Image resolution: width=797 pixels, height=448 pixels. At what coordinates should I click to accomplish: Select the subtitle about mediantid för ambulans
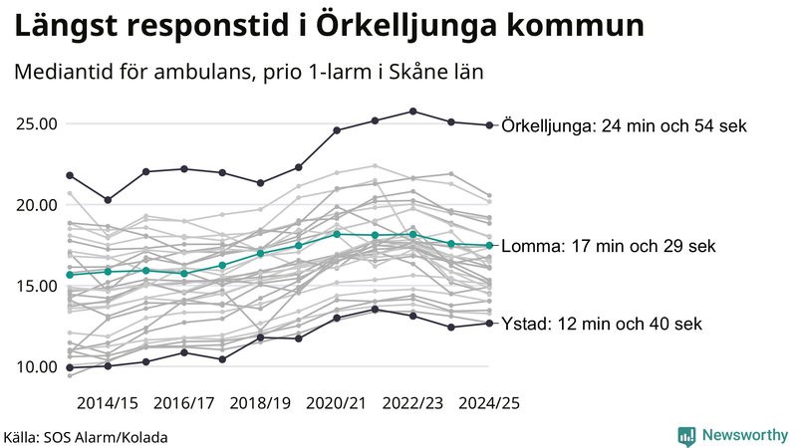click(x=248, y=74)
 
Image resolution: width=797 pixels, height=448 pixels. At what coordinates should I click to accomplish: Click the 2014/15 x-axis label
click(x=108, y=403)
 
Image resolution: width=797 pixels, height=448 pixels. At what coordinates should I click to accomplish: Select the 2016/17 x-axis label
click(x=184, y=403)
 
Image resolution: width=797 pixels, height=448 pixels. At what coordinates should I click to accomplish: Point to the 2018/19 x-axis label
click(x=260, y=403)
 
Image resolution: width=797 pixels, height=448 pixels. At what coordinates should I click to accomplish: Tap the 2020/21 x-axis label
click(x=337, y=403)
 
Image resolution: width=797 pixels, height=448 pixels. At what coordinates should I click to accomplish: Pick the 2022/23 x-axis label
click(x=412, y=403)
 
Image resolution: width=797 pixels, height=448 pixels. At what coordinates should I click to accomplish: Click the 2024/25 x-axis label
click(x=488, y=403)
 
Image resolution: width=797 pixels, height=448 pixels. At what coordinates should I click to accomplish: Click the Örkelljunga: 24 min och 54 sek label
click(x=625, y=125)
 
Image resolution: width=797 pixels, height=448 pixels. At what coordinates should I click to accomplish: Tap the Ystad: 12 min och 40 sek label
click(x=602, y=324)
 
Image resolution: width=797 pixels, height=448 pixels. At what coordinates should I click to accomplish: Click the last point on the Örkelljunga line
click(x=488, y=125)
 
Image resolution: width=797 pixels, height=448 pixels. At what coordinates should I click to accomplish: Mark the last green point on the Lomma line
click(x=488, y=246)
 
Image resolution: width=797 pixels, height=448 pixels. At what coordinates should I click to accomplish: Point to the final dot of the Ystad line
click(x=488, y=323)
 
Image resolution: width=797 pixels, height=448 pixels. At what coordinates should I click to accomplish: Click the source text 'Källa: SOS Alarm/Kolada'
click(x=86, y=437)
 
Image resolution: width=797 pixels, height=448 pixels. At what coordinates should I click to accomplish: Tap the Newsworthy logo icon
click(x=686, y=435)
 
